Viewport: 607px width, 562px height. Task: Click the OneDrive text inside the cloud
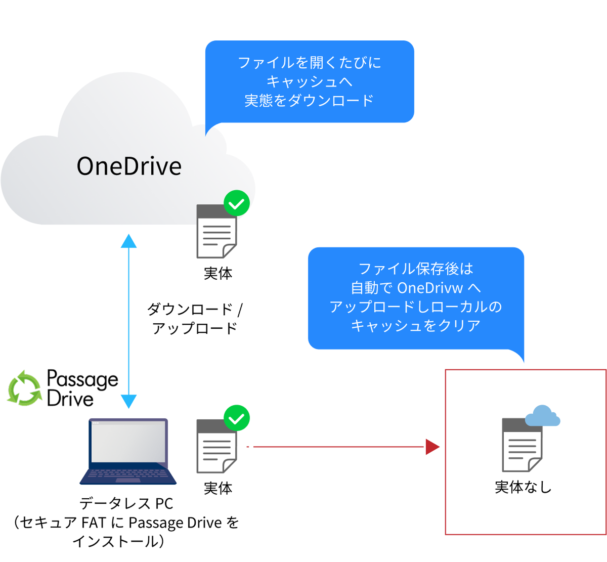coord(129,166)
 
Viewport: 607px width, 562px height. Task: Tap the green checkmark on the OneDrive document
coord(237,203)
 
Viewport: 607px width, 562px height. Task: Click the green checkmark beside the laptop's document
coord(237,418)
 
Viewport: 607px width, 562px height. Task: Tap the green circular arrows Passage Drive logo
coord(24,388)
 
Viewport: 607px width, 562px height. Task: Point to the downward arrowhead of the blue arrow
coord(129,402)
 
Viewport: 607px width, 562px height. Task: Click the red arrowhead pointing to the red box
coord(432,447)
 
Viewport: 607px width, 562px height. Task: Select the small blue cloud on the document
coord(542,416)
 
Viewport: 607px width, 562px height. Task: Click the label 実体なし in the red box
coord(523,487)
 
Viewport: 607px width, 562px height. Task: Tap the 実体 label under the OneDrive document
coord(218,273)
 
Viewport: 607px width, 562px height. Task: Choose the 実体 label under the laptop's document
coord(218,488)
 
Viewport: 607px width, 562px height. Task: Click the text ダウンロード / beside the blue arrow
coord(195,309)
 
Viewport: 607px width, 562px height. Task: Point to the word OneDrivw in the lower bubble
coord(430,288)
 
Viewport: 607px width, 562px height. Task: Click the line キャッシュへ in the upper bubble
coord(309,81)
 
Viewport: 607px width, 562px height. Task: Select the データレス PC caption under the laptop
coord(126,503)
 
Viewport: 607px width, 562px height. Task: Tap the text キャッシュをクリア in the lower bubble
coord(415,325)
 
